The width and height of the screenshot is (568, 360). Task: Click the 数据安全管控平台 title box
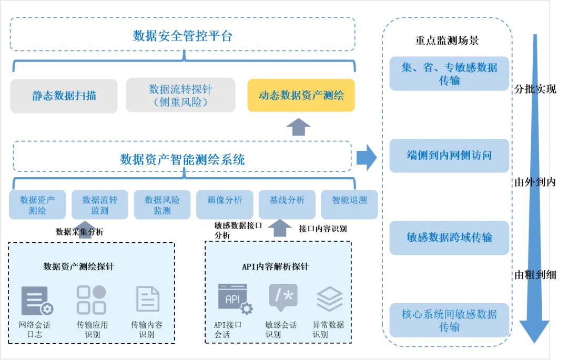182,36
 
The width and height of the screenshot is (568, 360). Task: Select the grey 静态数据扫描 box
64,96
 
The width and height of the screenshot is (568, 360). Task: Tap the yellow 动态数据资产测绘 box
301,95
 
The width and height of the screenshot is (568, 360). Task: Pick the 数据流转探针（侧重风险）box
180,96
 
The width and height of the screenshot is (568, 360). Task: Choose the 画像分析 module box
225,204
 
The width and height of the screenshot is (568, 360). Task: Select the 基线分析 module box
287,204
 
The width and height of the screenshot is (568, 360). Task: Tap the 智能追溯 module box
349,204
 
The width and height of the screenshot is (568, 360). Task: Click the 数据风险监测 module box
162,204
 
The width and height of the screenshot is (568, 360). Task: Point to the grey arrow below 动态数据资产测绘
301,127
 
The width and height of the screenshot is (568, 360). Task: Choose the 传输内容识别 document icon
148,300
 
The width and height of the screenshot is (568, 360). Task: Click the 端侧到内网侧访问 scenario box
449,156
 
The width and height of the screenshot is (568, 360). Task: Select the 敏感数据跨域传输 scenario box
449,238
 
